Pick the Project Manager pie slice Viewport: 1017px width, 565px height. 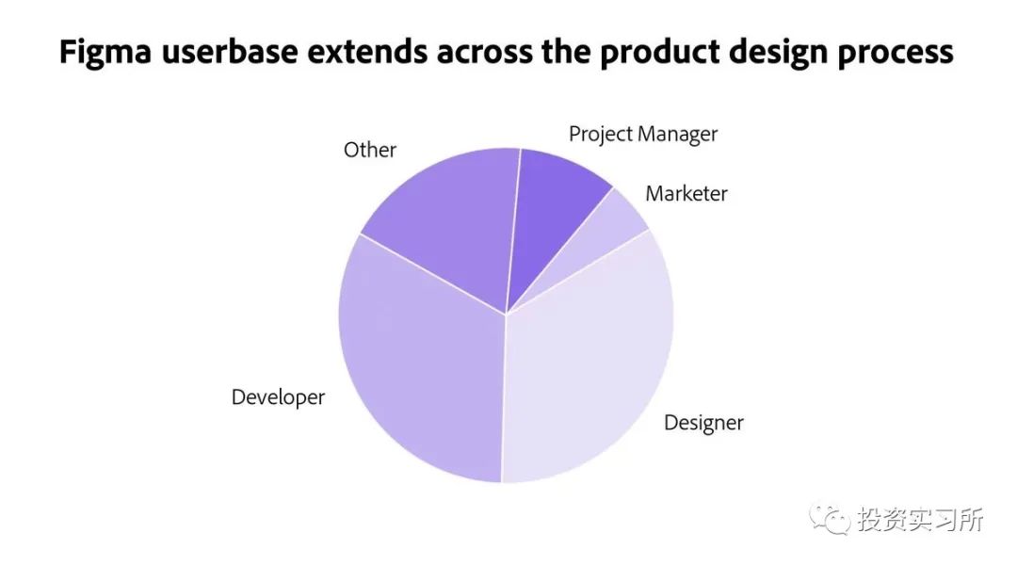pyautogui.click(x=551, y=207)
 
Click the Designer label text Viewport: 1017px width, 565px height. pyautogui.click(x=703, y=423)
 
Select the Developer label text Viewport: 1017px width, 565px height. pyautogui.click(x=278, y=397)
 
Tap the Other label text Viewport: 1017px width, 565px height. pyautogui.click(x=370, y=150)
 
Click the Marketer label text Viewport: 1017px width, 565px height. pyautogui.click(x=686, y=193)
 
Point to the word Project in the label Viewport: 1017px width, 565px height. pyautogui.click(x=601, y=135)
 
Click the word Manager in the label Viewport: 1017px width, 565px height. pyautogui.click(x=678, y=135)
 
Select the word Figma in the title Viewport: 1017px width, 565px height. pyautogui.click(x=105, y=53)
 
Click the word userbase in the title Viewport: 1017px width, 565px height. pyautogui.click(x=231, y=52)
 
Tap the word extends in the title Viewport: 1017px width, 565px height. pyautogui.click(x=368, y=52)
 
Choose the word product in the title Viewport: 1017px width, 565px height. pyautogui.click(x=659, y=53)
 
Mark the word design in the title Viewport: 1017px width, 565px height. pyautogui.click(x=779, y=53)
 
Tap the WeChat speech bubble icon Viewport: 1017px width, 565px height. pyautogui.click(x=829, y=520)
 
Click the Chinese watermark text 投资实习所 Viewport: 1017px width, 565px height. pyautogui.click(x=920, y=520)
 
